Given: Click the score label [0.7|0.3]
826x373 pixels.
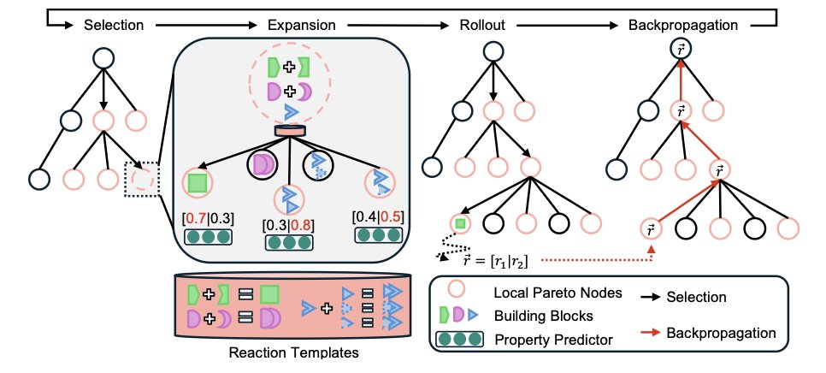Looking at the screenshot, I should point(209,219).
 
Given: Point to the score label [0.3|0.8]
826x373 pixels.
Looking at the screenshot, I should point(287,226).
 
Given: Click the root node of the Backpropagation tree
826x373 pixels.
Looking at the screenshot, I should point(681,50).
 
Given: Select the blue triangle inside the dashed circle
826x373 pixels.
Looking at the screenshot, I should point(290,112).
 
